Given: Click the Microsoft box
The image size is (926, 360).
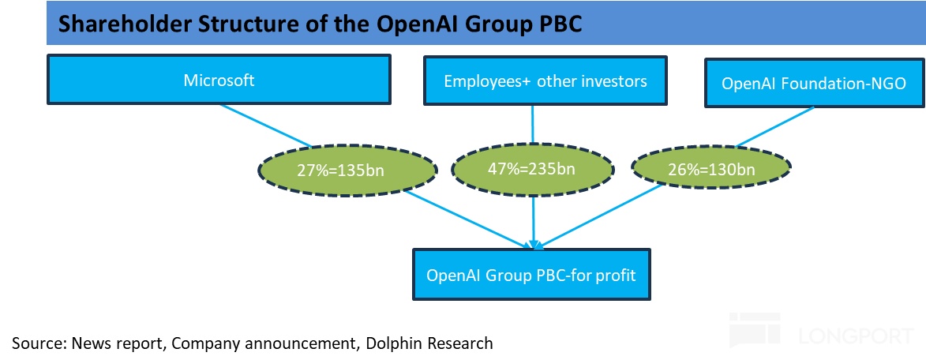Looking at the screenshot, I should pos(219,81).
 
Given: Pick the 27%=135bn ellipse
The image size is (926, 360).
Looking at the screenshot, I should pos(347,169).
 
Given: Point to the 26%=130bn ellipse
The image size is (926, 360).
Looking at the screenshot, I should pos(710,169).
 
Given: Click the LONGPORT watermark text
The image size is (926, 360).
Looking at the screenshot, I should pos(856,336).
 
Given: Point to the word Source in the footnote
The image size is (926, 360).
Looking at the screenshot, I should pos(37,343).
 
